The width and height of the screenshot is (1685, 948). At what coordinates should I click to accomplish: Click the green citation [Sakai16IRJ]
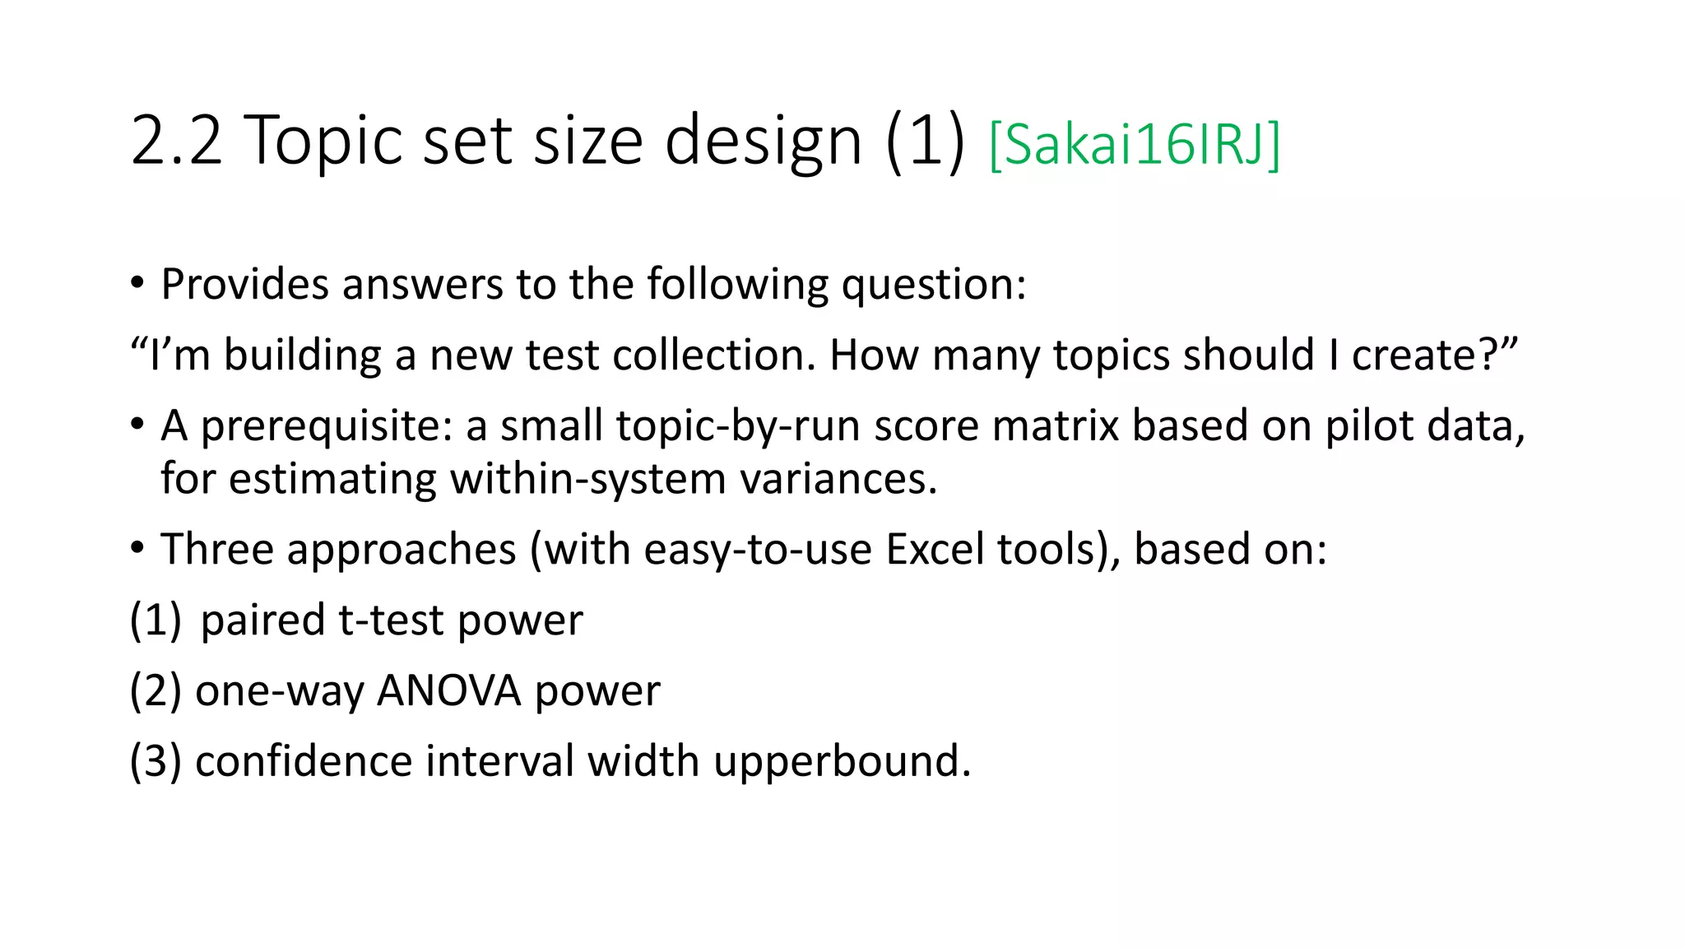1134,145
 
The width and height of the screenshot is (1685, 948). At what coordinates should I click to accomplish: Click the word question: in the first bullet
934,285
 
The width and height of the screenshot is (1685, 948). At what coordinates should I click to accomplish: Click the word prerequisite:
327,426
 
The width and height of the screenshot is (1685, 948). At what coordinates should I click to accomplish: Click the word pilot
1368,426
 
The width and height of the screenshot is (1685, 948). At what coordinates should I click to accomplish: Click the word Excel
935,550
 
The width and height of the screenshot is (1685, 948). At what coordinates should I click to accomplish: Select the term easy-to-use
757,550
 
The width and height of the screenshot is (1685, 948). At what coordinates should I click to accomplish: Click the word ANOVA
448,691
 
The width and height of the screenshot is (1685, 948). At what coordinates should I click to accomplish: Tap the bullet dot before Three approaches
137,548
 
